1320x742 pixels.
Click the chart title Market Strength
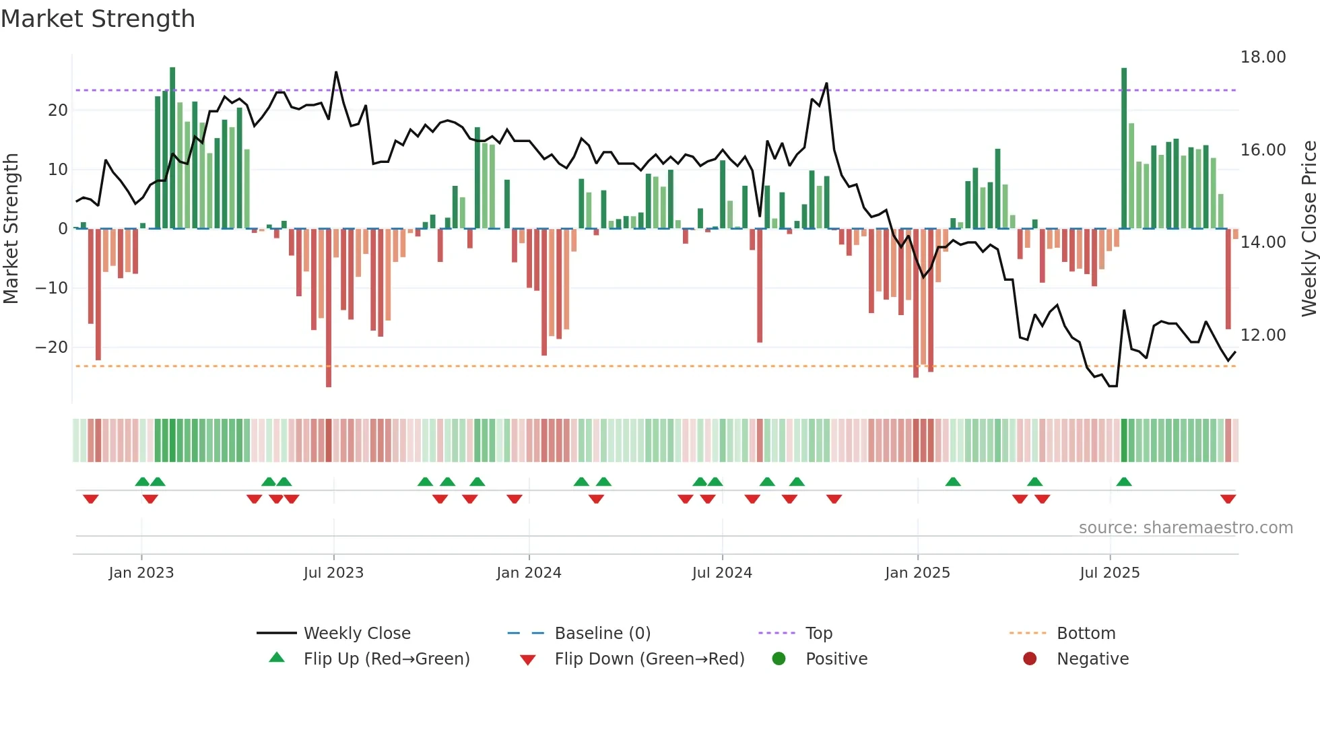(x=98, y=19)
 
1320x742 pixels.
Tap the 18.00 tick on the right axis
(x=1263, y=57)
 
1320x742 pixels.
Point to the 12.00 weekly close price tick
(x=1263, y=335)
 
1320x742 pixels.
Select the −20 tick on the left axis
(x=52, y=347)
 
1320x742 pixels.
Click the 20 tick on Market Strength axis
(x=58, y=110)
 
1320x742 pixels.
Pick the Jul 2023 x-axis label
(x=333, y=573)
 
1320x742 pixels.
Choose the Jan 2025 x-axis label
(x=917, y=573)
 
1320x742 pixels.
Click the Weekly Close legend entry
(x=357, y=634)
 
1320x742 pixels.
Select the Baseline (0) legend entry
(x=602, y=634)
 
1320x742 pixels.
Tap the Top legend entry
(x=819, y=634)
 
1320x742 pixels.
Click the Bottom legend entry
(x=1086, y=634)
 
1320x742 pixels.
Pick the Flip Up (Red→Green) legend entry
(x=387, y=659)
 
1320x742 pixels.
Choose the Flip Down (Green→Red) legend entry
(x=649, y=659)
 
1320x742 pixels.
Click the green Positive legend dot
(x=779, y=659)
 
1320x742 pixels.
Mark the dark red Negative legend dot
(x=1030, y=659)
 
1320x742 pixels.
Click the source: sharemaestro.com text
(x=1185, y=528)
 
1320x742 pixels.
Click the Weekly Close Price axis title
(x=1309, y=229)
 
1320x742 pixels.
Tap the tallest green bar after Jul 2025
(x=1124, y=148)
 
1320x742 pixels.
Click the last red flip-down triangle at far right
(x=1228, y=499)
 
